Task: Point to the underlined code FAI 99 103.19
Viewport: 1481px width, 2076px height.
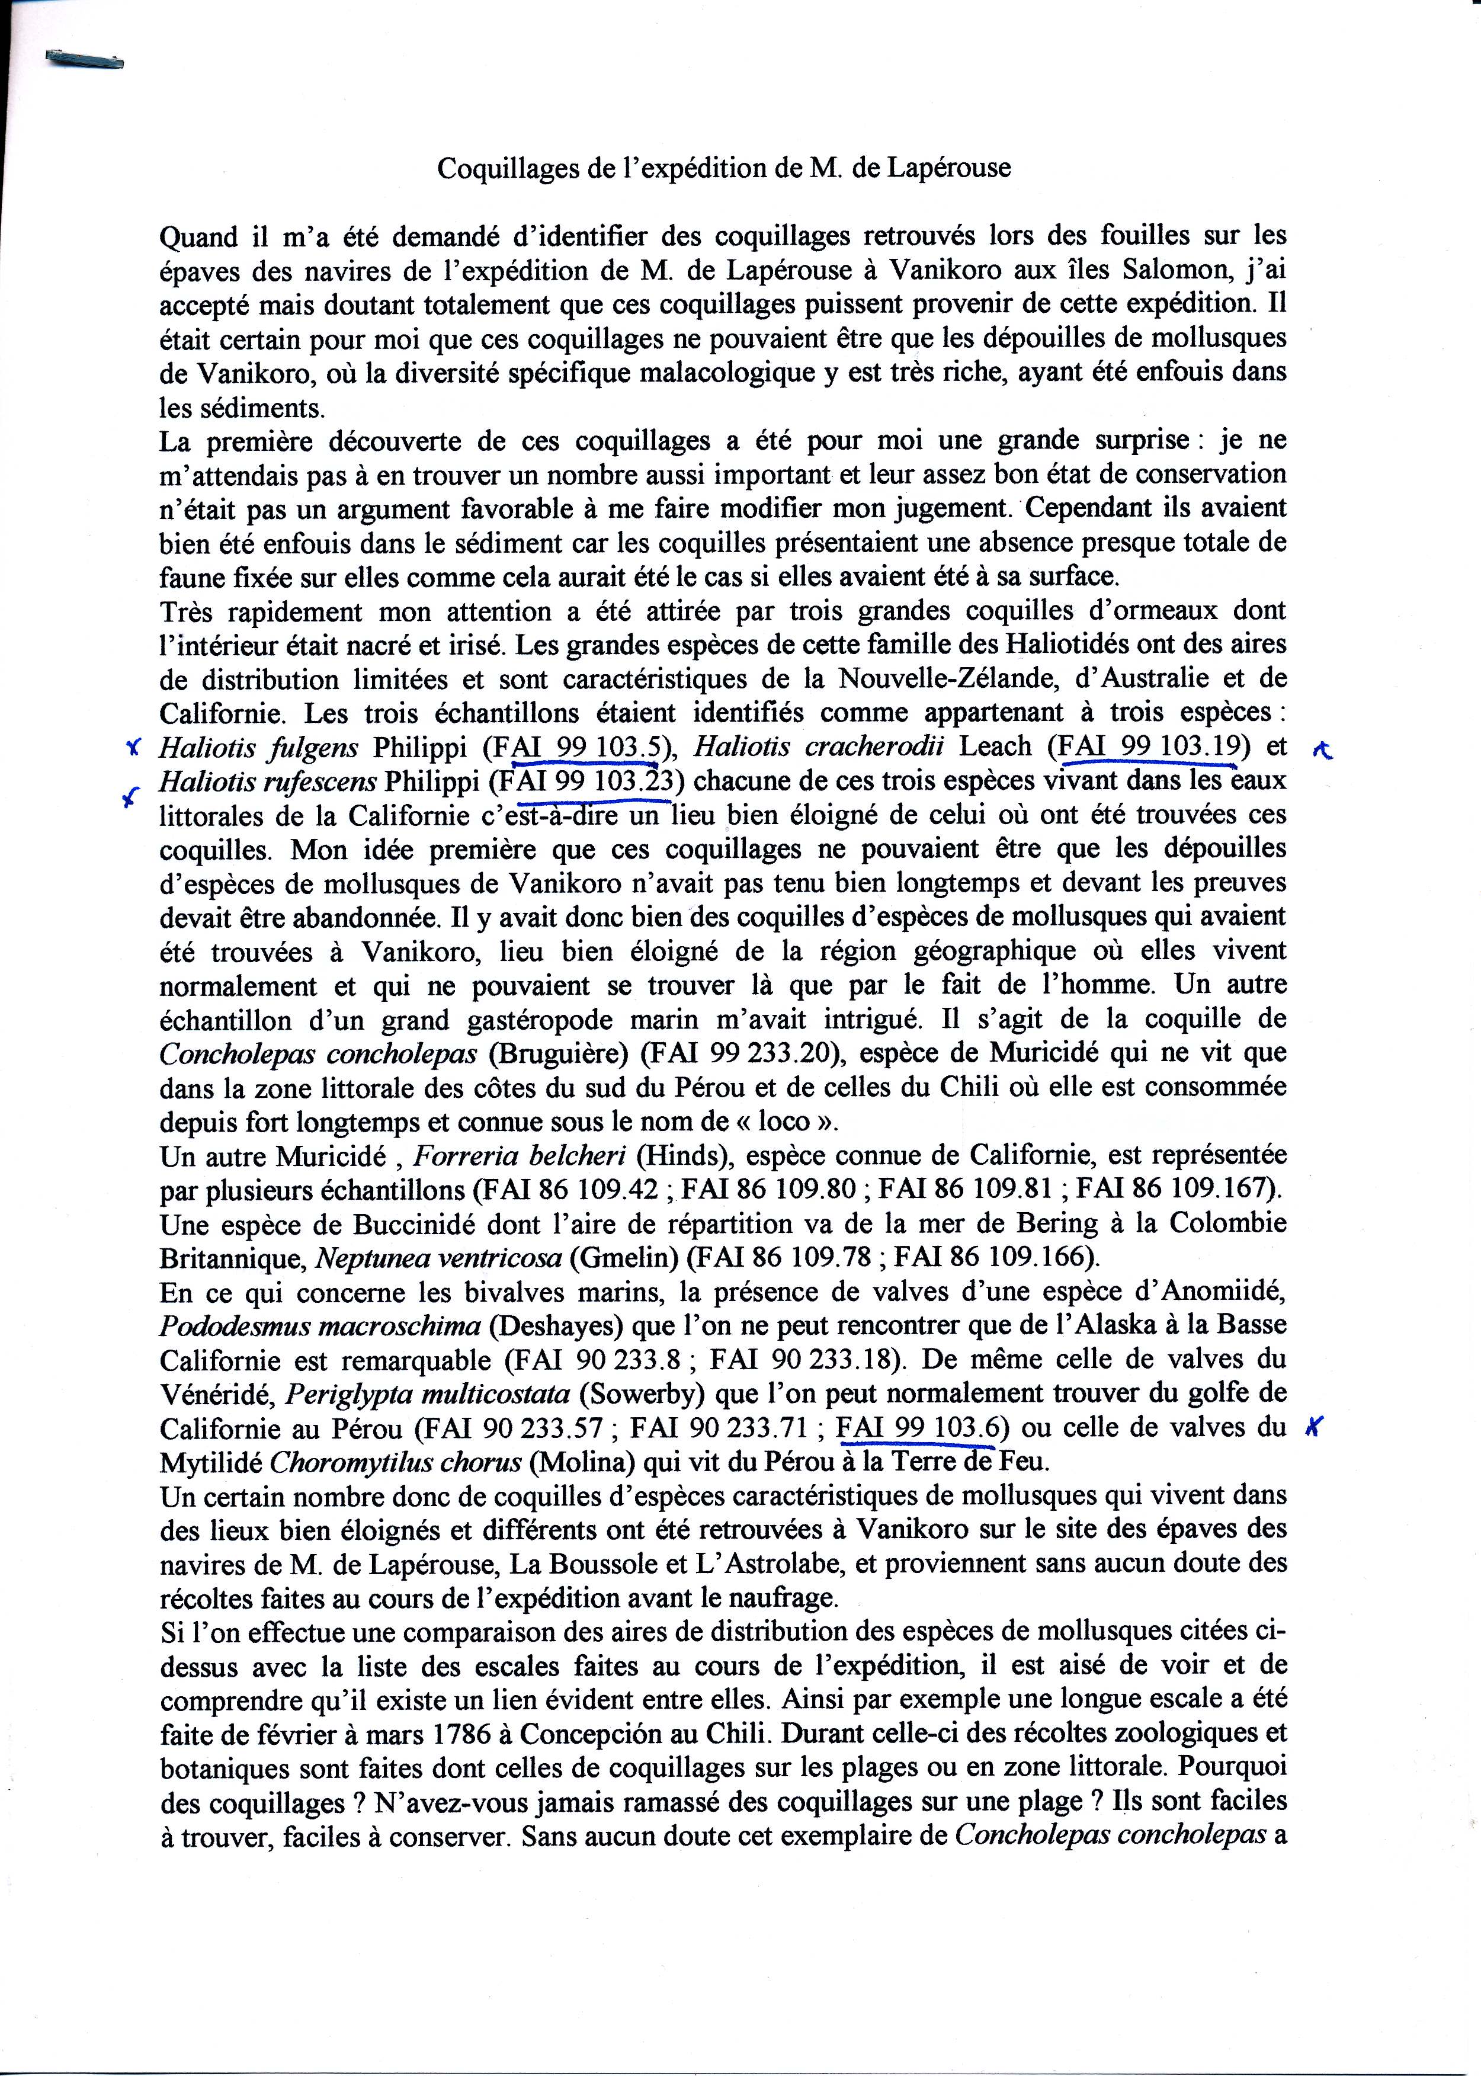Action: click(1148, 746)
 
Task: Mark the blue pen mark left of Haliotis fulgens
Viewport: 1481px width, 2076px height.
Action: click(133, 748)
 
